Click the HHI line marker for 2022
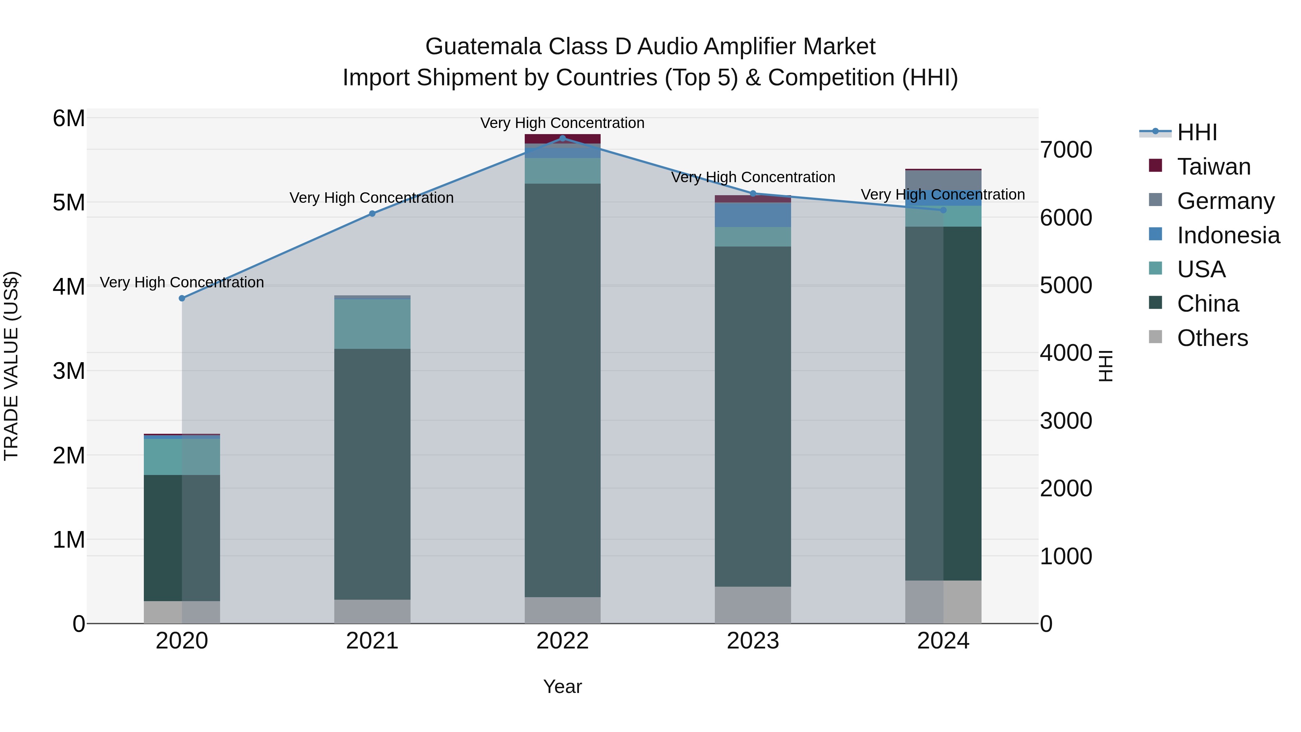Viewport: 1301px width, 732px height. pos(563,138)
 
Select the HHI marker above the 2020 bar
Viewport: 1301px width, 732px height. pos(182,299)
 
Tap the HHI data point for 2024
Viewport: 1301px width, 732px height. pos(943,210)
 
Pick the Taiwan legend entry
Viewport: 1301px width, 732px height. pos(1214,167)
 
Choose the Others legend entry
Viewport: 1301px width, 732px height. pos(1212,338)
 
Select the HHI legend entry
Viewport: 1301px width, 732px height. pos(1197,132)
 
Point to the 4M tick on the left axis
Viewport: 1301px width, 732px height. pos(69,287)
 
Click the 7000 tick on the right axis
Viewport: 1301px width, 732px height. pos(1066,150)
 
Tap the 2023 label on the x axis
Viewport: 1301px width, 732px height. pos(752,641)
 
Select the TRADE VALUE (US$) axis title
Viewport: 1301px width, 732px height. pos(12,366)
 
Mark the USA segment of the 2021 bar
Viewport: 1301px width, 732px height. pos(372,324)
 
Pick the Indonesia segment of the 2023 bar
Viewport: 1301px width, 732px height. pos(752,215)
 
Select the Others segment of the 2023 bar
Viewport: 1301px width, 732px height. pos(752,605)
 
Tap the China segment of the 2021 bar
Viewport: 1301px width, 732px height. pos(372,474)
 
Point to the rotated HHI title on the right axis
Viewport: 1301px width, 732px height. pos(1106,366)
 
